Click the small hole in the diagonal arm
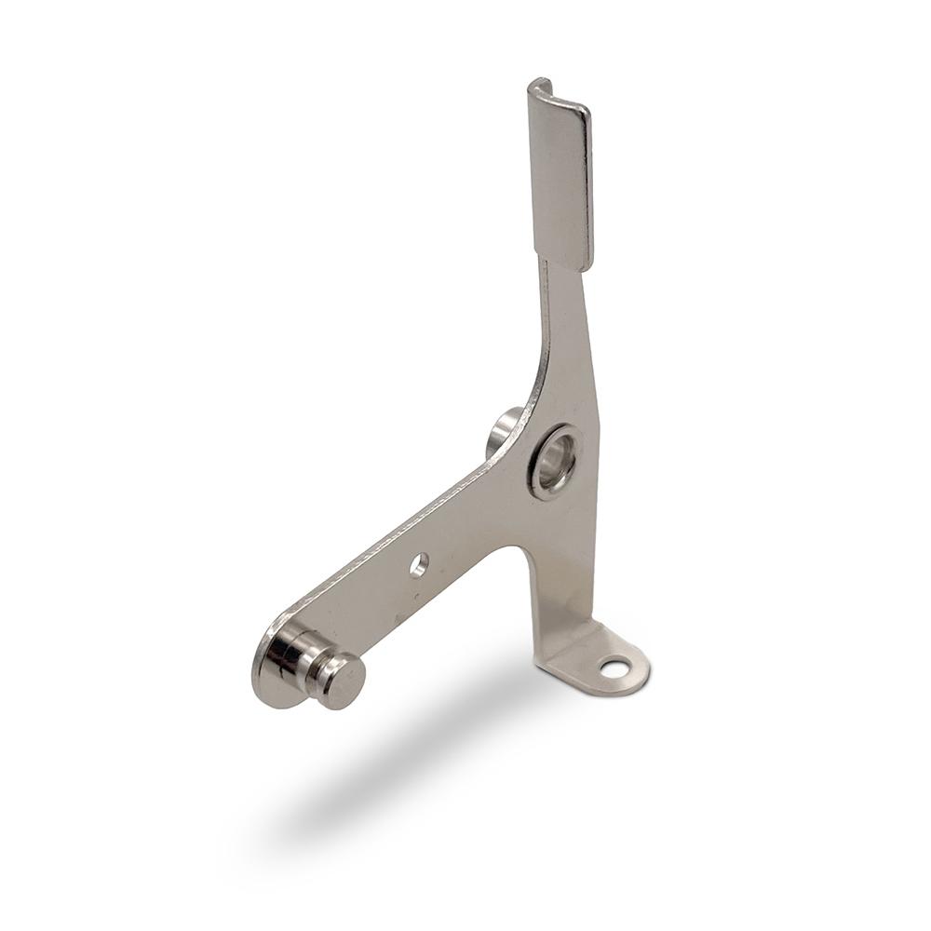tap(419, 564)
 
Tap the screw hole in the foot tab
tap(614, 668)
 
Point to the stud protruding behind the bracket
tap(503, 430)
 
